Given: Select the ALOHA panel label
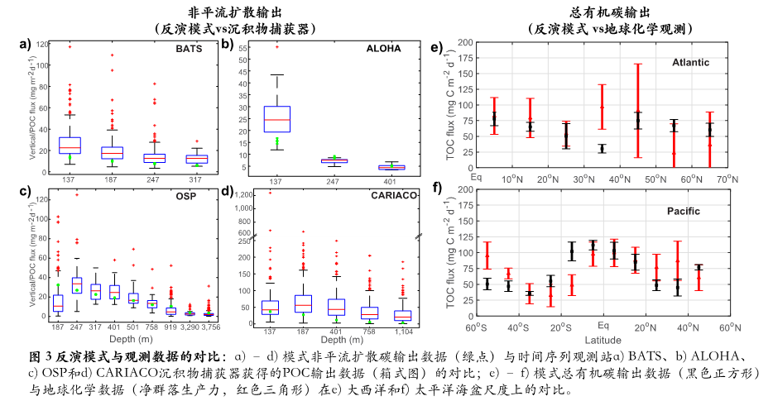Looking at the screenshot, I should pyautogui.click(x=383, y=49).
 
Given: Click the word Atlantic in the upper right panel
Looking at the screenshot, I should pyautogui.click(x=689, y=62).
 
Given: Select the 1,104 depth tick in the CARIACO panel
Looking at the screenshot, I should pyautogui.click(x=403, y=328).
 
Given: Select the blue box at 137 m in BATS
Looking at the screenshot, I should pyautogui.click(x=70, y=145).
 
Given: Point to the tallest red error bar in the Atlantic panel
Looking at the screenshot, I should pyautogui.click(x=638, y=110).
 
